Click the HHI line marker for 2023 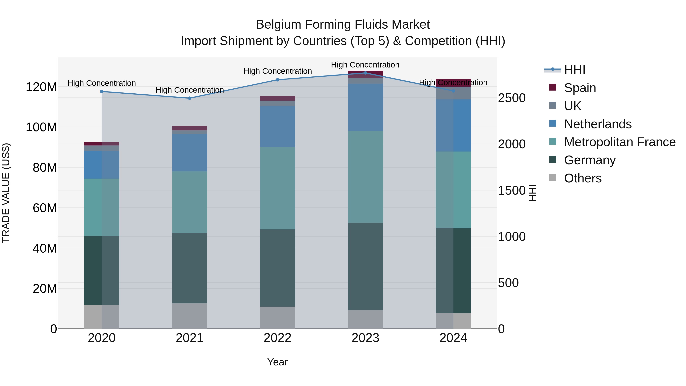tap(365, 73)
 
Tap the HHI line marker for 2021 tap(190, 98)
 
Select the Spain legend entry tap(580, 88)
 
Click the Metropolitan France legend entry tap(620, 142)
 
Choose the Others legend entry tap(583, 178)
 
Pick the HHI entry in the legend tap(574, 70)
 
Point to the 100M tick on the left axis tap(41, 127)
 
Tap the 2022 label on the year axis tap(277, 338)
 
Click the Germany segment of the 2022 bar tap(277, 268)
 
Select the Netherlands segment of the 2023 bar tap(365, 107)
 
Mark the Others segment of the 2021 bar tap(190, 316)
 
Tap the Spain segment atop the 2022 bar tap(277, 98)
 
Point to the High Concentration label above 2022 tap(277, 71)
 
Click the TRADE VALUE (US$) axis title tap(6, 193)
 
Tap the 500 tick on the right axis tap(508, 283)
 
